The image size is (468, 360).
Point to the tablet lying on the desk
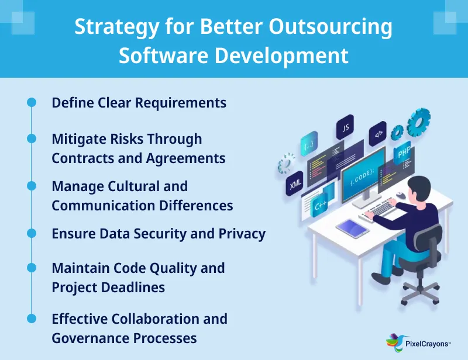(352, 227)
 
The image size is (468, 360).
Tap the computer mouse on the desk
(400, 195)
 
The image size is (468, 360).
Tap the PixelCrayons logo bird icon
(394, 341)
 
